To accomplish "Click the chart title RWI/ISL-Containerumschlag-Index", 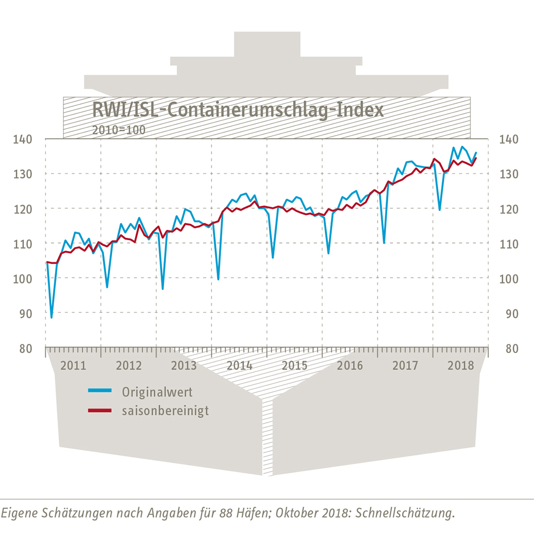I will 238,110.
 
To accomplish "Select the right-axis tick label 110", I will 510,244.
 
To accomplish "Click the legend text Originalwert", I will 157,392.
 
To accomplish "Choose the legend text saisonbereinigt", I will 166,411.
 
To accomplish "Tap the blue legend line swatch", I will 100,391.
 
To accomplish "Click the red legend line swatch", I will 100,410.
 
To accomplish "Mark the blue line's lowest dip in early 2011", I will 51,318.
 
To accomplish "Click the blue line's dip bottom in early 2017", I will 384,243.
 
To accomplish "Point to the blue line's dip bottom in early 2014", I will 218,279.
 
